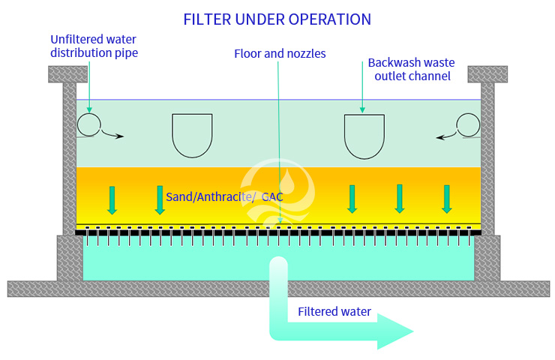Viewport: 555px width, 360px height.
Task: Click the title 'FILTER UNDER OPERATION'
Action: [x=277, y=19]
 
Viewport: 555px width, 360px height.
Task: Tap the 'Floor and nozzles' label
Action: [x=280, y=54]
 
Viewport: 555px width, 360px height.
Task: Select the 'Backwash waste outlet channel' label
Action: [x=409, y=68]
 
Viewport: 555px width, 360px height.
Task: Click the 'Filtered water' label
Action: [x=334, y=311]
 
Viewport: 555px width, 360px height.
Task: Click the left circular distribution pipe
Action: [x=88, y=124]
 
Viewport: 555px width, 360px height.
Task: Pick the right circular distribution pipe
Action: [x=469, y=125]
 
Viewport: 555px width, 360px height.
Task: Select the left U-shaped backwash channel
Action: [x=192, y=134]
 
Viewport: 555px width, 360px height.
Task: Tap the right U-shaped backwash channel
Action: [x=364, y=134]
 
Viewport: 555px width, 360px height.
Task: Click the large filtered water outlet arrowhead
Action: [x=394, y=331]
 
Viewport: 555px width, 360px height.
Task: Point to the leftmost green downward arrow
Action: [x=112, y=199]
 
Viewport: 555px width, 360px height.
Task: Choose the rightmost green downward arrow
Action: [x=447, y=199]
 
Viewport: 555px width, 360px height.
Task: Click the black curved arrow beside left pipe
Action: [x=113, y=135]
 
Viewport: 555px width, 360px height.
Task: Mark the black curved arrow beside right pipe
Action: [x=446, y=135]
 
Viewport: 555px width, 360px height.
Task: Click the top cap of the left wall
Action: [x=69, y=74]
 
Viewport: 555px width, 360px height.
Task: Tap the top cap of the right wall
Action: [x=487, y=74]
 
